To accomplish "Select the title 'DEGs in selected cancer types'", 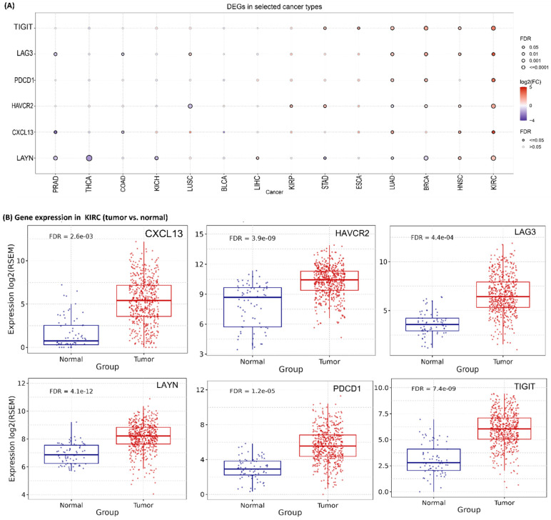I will pos(275,7).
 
